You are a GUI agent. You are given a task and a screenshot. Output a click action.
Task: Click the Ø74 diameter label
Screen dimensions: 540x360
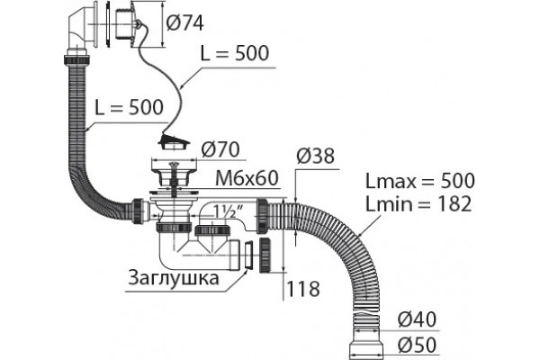[x=184, y=23]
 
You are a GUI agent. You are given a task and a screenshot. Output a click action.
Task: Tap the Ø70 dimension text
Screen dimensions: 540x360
[x=220, y=150]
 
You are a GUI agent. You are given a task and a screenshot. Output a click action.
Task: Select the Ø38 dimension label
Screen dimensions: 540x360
[x=316, y=156]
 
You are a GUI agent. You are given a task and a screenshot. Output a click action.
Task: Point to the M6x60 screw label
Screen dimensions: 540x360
[x=247, y=178]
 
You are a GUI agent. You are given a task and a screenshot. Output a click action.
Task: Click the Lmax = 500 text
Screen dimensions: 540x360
[x=419, y=181]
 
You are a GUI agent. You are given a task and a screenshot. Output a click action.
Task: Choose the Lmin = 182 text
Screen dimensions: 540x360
[x=418, y=203]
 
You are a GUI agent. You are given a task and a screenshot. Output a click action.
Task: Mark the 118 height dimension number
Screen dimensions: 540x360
[x=303, y=289]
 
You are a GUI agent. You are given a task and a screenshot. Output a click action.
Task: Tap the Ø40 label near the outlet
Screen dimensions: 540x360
[x=417, y=319]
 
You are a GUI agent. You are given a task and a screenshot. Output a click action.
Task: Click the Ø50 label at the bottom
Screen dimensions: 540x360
[x=417, y=345]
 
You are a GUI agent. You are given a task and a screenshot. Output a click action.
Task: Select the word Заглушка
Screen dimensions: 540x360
[x=174, y=277]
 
